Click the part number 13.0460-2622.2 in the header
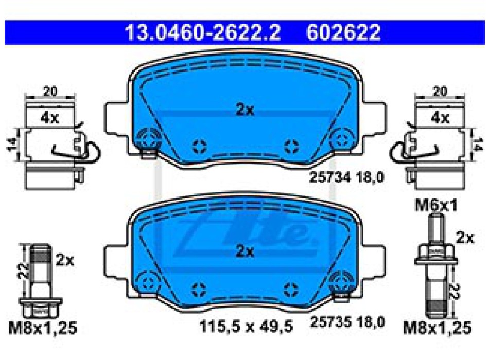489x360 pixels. point(203,32)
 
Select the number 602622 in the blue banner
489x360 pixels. point(343,32)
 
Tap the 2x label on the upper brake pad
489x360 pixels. point(245,110)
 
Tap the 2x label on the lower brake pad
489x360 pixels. point(245,251)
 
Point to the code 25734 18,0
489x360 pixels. point(346,177)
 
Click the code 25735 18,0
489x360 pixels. point(347,322)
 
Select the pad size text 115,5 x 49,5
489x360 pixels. point(246,327)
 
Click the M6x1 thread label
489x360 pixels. point(436,205)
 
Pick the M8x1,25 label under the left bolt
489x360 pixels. point(43,328)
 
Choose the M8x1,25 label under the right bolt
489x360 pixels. point(437,328)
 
